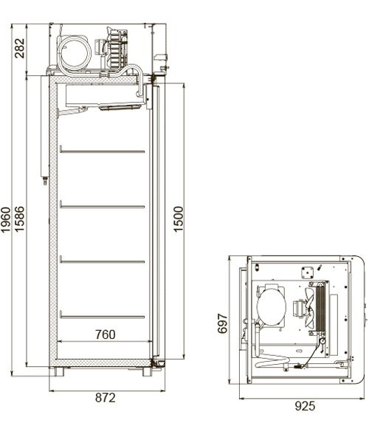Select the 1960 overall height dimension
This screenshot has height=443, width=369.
(7, 219)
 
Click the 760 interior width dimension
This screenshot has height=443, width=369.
(105, 334)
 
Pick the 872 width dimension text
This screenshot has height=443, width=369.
(106, 398)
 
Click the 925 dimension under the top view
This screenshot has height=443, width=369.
(302, 405)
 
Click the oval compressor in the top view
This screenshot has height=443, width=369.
(270, 306)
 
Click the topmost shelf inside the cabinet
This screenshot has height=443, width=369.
(102, 151)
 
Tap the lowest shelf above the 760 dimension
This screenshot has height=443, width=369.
(102, 316)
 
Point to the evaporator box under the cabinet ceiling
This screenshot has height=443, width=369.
(103, 96)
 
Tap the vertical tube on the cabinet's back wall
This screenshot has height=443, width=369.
(43, 129)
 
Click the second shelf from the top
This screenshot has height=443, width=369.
(102, 205)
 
